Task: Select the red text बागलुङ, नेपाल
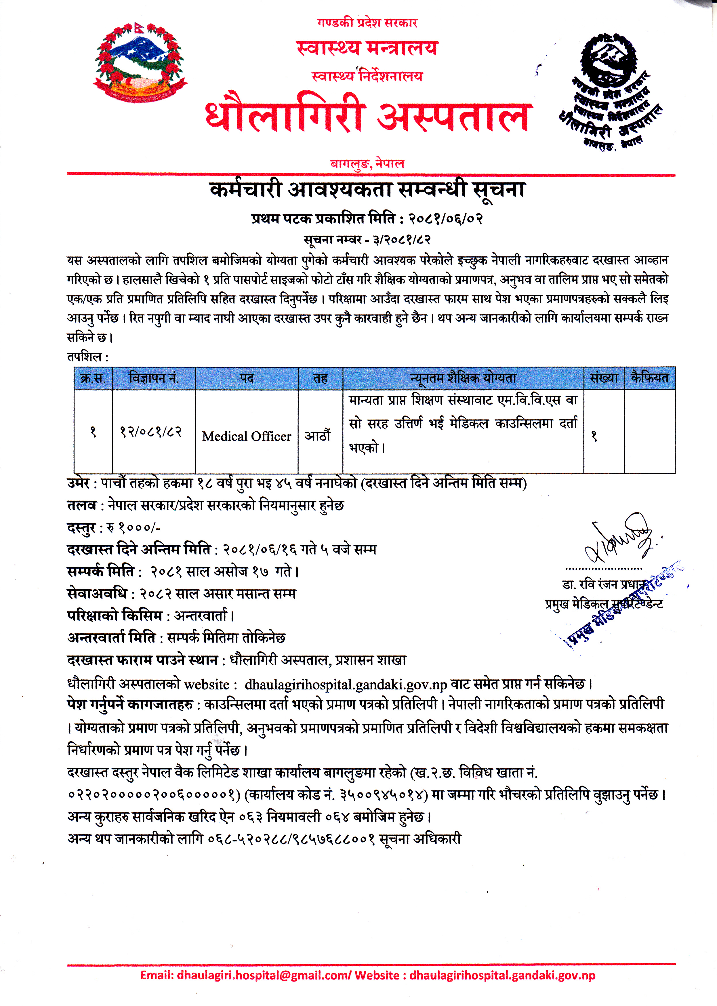[x=367, y=164]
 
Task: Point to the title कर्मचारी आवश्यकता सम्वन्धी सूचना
[x=367, y=190]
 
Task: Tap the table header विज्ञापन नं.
[x=154, y=378]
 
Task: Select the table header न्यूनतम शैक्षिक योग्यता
[x=463, y=378]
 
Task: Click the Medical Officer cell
[x=246, y=436]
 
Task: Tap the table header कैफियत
[x=649, y=378]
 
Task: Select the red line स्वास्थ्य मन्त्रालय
[x=367, y=48]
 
